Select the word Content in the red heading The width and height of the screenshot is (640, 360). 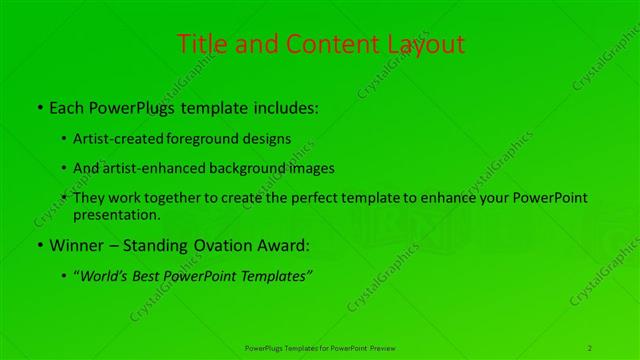(329, 44)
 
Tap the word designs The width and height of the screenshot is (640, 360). (267, 138)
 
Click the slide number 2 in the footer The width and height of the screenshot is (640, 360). (591, 347)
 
